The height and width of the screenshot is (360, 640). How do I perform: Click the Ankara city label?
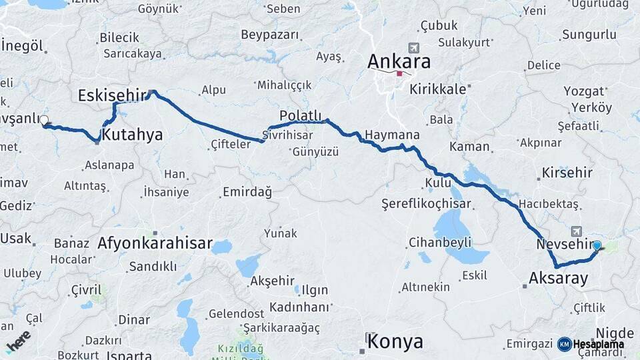click(x=399, y=62)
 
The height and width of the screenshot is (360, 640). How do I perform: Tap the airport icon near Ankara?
click(x=414, y=48)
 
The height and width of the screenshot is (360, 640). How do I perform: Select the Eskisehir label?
click(x=111, y=95)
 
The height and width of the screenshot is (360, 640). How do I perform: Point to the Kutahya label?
click(x=133, y=135)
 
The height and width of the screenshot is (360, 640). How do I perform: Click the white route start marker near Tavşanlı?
click(x=44, y=121)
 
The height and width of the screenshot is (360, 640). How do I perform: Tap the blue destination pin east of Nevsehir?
click(x=597, y=246)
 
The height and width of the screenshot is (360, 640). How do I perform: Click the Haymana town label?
click(x=392, y=135)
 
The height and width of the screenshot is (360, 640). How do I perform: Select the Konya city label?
click(x=395, y=342)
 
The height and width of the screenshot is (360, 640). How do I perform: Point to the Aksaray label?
click(x=558, y=278)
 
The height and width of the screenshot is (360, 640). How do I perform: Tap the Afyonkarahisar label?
click(x=155, y=243)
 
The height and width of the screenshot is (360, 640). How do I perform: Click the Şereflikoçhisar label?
click(x=426, y=203)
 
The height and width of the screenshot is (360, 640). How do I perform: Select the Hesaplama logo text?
click(x=598, y=344)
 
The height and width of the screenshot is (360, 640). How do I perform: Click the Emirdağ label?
click(x=247, y=193)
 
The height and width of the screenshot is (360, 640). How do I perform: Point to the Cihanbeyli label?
click(x=440, y=241)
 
